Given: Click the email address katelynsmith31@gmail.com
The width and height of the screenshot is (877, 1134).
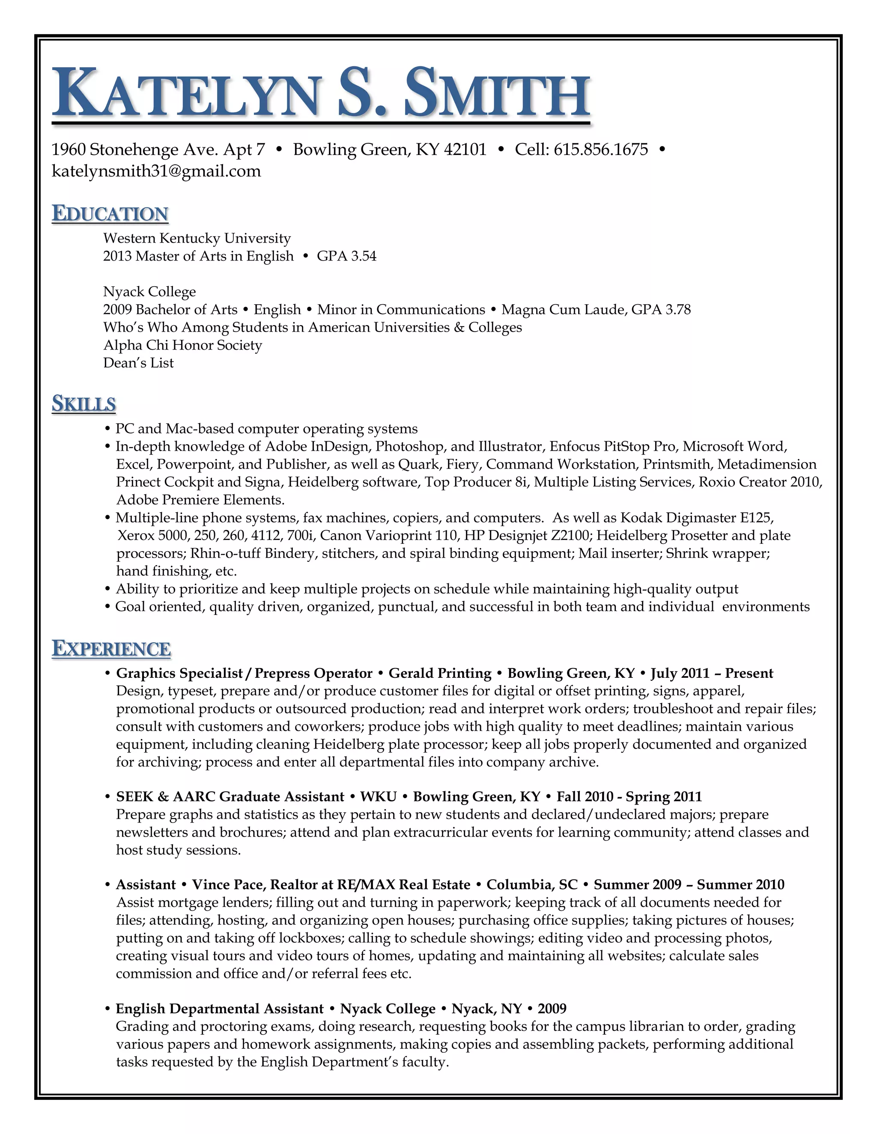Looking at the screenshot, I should pyautogui.click(x=156, y=171).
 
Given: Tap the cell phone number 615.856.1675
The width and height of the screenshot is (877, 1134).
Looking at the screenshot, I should pyautogui.click(x=601, y=149).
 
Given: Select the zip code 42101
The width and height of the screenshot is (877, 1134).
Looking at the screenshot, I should pyautogui.click(x=465, y=149).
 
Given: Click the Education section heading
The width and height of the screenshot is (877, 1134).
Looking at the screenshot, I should pyautogui.click(x=110, y=214).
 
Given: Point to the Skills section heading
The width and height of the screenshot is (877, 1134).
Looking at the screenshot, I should pyautogui.click(x=84, y=404).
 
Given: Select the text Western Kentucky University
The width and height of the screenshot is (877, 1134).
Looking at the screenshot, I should pyautogui.click(x=197, y=238).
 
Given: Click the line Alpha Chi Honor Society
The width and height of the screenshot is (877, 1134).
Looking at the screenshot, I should pyautogui.click(x=182, y=345).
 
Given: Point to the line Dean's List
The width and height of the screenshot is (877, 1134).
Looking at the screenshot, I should pyautogui.click(x=138, y=363).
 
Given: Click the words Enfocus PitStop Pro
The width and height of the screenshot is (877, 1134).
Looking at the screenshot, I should pyautogui.click(x=613, y=446).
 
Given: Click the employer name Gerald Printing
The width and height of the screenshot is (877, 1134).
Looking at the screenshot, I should pyautogui.click(x=439, y=674).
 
